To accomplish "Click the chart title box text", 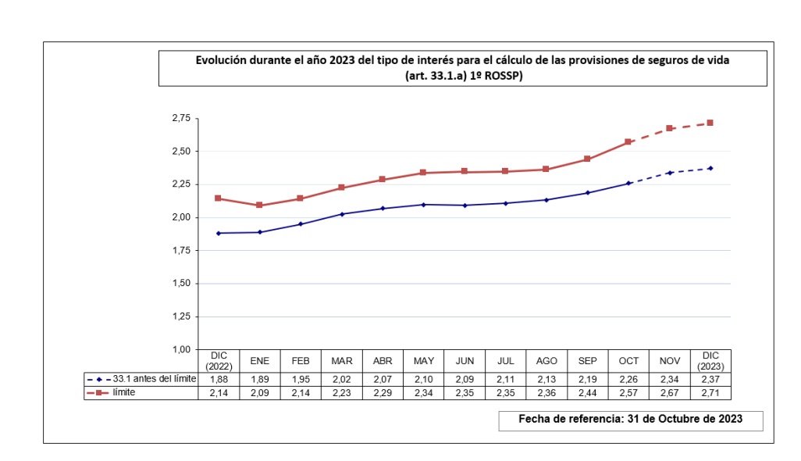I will click(x=462, y=68).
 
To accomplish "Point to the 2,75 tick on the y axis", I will click(x=180, y=118).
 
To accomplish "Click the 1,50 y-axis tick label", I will click(x=180, y=284).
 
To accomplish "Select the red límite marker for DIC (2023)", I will click(x=710, y=123).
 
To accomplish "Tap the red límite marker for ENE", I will click(x=259, y=205).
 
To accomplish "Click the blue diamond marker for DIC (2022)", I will click(x=218, y=233).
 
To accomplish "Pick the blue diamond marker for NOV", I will click(x=669, y=173).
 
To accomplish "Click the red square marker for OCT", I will click(x=628, y=142).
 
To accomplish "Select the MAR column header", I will click(x=341, y=361).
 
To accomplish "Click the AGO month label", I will click(x=546, y=361).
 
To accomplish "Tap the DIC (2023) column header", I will click(x=710, y=361).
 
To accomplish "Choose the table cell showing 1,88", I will click(x=218, y=379).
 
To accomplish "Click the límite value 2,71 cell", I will click(x=710, y=393).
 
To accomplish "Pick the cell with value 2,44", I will click(x=587, y=393).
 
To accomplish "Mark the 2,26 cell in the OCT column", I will click(x=628, y=379).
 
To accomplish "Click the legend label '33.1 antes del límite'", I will click(x=155, y=379).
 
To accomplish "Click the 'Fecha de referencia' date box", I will click(x=630, y=420).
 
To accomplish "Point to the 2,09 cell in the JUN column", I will click(x=464, y=379).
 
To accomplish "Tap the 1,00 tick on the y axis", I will click(x=180, y=349).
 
